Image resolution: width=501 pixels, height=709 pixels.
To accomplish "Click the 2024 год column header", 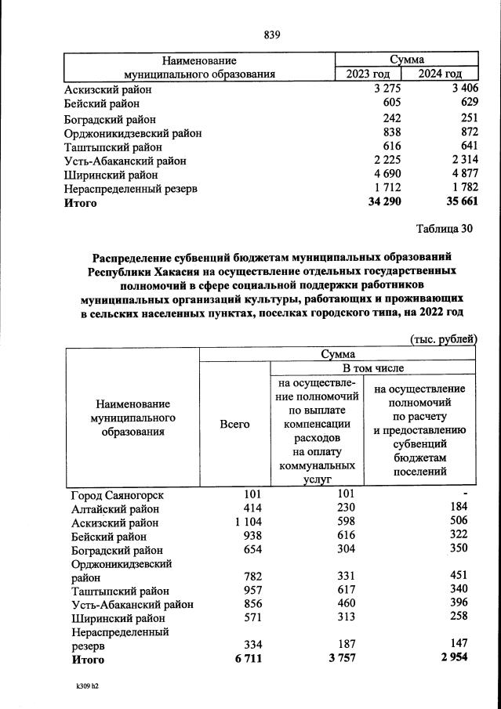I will point(440,74).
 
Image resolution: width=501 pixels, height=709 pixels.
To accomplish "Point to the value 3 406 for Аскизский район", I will point(459,89).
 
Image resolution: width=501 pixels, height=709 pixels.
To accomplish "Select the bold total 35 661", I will point(457,202).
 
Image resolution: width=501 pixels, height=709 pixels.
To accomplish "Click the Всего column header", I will point(234,424).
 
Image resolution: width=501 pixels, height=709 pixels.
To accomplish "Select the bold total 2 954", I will point(452,659).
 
